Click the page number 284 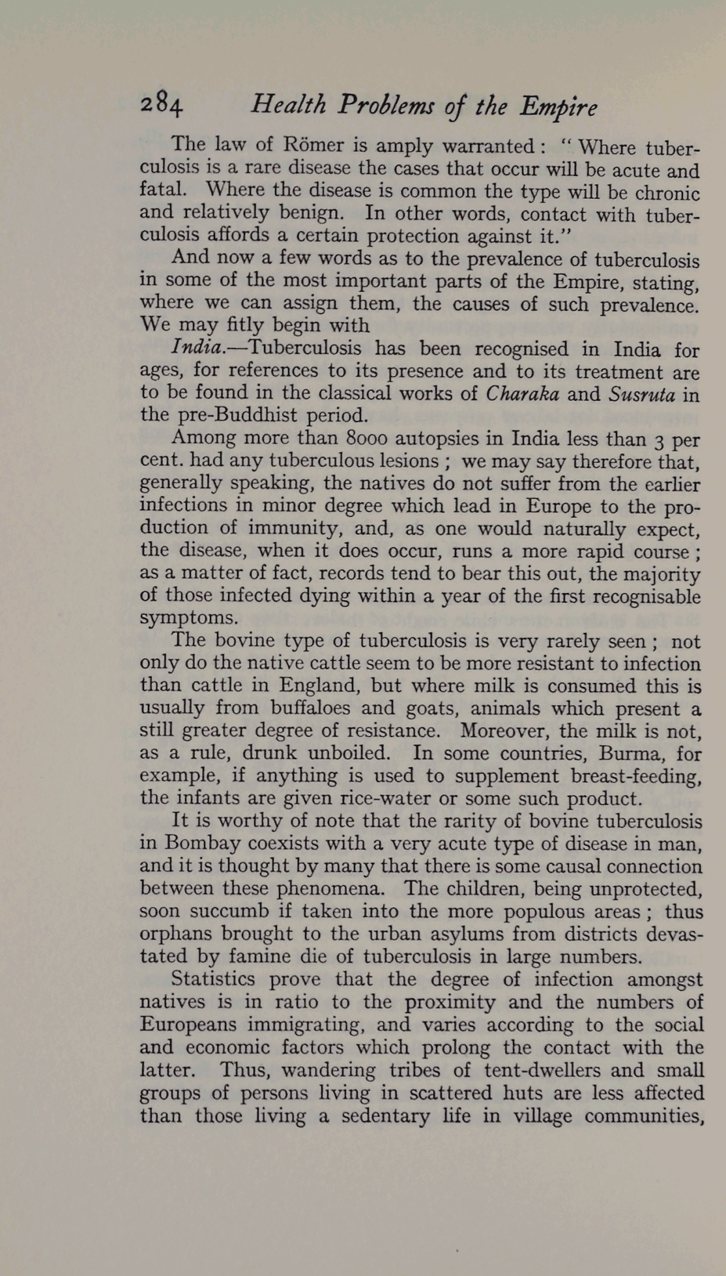pyautogui.click(x=162, y=105)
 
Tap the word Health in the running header pyautogui.click(x=288, y=105)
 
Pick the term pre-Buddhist pyautogui.click(x=237, y=416)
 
